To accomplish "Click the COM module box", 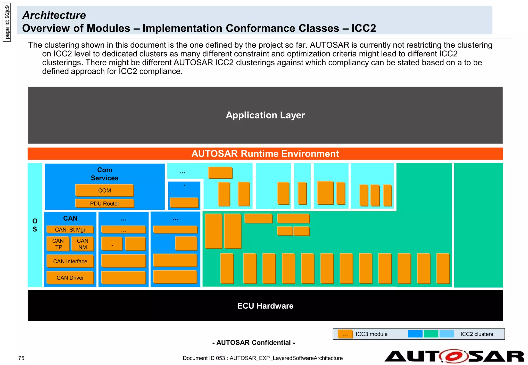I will [104, 190].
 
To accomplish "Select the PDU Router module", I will [104, 203].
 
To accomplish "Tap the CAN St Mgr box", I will [70, 230].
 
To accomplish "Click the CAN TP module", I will [58, 244].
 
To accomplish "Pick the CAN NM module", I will [82, 244].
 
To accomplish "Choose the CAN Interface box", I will [70, 261].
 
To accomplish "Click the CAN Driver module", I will [70, 278].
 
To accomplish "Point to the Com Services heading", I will [104, 174].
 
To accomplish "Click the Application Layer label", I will [265, 115].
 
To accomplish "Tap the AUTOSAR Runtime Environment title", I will [265, 154].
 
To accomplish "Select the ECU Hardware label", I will [265, 306].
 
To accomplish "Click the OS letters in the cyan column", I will [35, 225].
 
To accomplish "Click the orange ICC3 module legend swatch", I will [345, 334].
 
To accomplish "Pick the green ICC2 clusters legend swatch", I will [431, 334].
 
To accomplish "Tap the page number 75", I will [21, 358].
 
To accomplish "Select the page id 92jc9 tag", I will [7, 22].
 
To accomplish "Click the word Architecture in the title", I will [54, 15].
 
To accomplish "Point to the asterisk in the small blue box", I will [184, 186].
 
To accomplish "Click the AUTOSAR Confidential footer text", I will [254, 343].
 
